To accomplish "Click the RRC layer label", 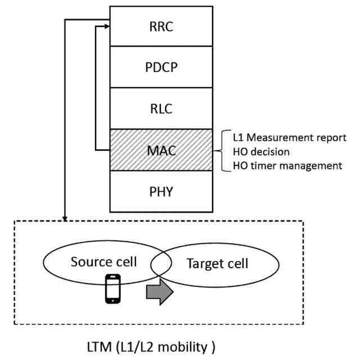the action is pos(161,26).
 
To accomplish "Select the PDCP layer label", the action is pos(161,67).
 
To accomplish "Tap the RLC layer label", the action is pos(161,109).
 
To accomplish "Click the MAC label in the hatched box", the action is pos(161,151).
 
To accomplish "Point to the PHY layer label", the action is pos(161,191).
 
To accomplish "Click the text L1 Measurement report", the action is pos(290,138).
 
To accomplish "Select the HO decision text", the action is pos(261,152).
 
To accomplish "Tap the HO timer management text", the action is pos(287,166).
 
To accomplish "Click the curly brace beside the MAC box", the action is pos(222,151).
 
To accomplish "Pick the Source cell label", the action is pos(103,262).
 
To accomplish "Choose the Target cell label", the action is pos(217,263).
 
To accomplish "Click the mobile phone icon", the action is pos(112,289).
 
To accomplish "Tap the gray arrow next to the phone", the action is pos(160,292).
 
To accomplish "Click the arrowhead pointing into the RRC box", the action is pos(107,26).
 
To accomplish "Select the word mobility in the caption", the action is pos(183,347).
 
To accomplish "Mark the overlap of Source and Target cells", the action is pos(161,264).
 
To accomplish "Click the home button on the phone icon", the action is pos(112,301).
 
